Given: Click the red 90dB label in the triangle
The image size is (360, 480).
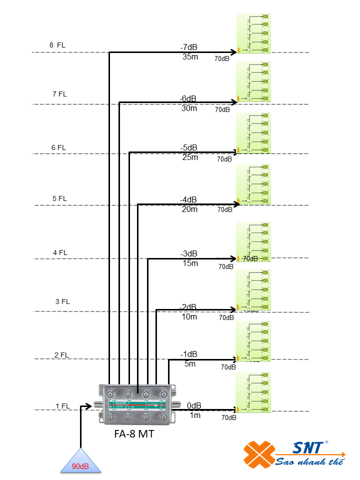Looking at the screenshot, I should point(80,466).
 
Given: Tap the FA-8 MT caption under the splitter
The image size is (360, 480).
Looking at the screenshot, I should point(134,434).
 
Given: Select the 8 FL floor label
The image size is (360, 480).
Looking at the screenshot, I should point(57,45).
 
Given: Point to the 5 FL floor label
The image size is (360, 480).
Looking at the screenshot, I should point(59,198).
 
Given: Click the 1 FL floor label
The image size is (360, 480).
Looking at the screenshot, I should point(62,406).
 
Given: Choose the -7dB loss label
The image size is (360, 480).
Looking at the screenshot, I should point(189,47).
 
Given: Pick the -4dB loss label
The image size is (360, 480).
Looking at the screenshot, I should point(188,199).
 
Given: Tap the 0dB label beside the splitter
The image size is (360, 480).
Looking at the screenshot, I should point(194,405).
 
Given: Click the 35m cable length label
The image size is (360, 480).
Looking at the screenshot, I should point(190,57).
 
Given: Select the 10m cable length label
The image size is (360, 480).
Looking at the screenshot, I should point(189,317).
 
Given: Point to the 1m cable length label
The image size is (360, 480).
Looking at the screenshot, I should point(194,415).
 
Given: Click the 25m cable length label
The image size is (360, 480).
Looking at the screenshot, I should point(190,157).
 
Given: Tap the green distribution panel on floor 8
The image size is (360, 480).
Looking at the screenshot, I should point(253,33).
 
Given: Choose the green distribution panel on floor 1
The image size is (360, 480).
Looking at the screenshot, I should point(253,392).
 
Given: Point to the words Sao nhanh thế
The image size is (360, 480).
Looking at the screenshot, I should point(310,461).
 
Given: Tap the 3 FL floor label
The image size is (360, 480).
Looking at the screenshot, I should point(62,301).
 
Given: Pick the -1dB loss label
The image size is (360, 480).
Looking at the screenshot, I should point(188,354).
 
